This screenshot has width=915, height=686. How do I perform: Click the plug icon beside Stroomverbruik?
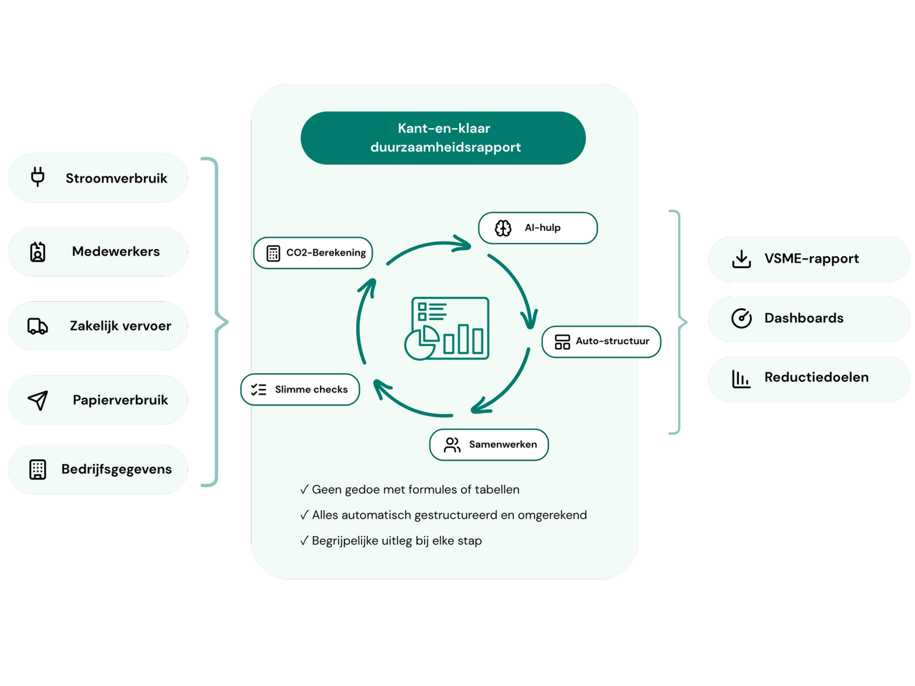coord(38,177)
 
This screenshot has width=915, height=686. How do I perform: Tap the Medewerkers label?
coord(116,252)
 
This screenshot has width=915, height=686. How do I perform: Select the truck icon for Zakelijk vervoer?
coord(38,326)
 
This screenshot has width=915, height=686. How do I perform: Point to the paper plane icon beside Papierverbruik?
coord(38,400)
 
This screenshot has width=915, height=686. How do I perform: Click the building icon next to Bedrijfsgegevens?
coord(38,469)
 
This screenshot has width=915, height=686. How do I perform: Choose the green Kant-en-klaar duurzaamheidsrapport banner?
coord(443,138)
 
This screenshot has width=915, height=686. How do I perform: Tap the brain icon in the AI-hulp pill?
coord(503,228)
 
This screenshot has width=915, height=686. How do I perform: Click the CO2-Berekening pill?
coord(313,253)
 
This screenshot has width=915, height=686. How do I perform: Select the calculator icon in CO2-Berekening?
coord(273,253)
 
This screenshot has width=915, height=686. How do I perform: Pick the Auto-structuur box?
coord(601,341)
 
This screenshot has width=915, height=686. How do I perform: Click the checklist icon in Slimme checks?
coord(259,390)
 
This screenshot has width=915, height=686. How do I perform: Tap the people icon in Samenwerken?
coord(452,445)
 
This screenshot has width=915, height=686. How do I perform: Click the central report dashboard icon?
coord(447,328)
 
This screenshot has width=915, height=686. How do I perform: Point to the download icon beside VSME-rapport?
coord(741,259)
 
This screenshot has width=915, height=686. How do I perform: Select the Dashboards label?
coord(804,318)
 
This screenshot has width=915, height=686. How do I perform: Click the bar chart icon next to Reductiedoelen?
coord(741,379)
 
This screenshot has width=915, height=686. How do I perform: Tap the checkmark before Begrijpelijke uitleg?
coord(304,541)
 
